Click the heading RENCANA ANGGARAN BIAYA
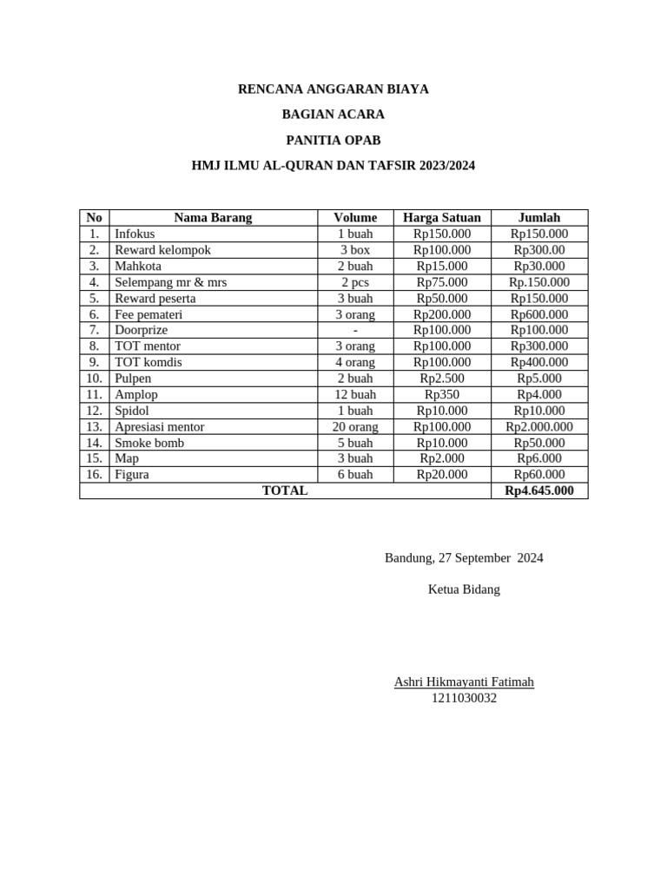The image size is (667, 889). pos(333,89)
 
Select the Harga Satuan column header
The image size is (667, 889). pos(442,218)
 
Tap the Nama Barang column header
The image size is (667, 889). pos(213,218)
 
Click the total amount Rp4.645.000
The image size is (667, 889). pos(539,491)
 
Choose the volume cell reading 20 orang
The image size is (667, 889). pos(355,426)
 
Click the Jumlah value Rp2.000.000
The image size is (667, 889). pos(539,426)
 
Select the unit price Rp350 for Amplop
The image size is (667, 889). pos(442,394)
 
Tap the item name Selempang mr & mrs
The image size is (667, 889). pos(171,282)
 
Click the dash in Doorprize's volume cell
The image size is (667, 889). pos(355,330)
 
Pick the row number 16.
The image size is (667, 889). pos(95,474)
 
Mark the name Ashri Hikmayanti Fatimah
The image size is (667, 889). pos(464,682)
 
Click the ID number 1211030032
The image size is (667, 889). pos(464,698)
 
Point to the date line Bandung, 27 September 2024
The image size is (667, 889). pos(464,558)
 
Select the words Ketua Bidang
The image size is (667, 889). pos(464,589)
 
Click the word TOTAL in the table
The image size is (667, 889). pos(285,491)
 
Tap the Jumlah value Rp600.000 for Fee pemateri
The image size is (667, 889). pos(539,314)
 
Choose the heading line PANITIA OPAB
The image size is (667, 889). pos(333,140)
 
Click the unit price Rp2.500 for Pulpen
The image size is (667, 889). pos(442,379)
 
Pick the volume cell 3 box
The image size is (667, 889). pos(355,250)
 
